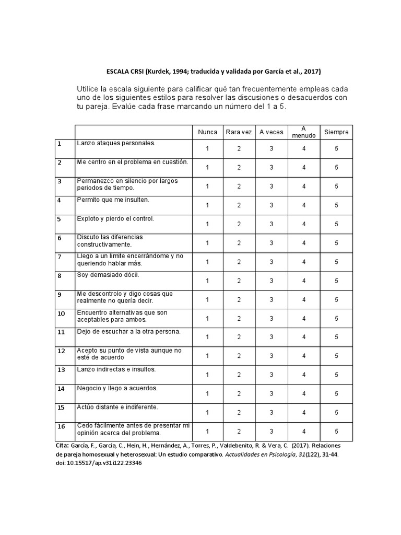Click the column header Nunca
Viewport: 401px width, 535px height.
tap(207, 132)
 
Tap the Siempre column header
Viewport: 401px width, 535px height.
tap(336, 132)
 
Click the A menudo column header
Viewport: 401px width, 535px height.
tap(304, 132)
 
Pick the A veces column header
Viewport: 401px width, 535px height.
tap(272, 132)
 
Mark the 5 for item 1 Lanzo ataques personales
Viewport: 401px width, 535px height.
tap(336, 149)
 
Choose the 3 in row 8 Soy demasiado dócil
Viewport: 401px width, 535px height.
tap(272, 281)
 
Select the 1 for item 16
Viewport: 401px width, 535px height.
tap(207, 431)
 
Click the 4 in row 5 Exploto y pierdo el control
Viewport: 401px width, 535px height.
tap(304, 224)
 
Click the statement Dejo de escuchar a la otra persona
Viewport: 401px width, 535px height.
tap(128, 331)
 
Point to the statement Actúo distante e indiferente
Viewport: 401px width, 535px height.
tap(117, 406)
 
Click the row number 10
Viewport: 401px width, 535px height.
tap(61, 313)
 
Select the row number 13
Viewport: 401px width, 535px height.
tap(61, 370)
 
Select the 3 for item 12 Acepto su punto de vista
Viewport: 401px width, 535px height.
tap(272, 356)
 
